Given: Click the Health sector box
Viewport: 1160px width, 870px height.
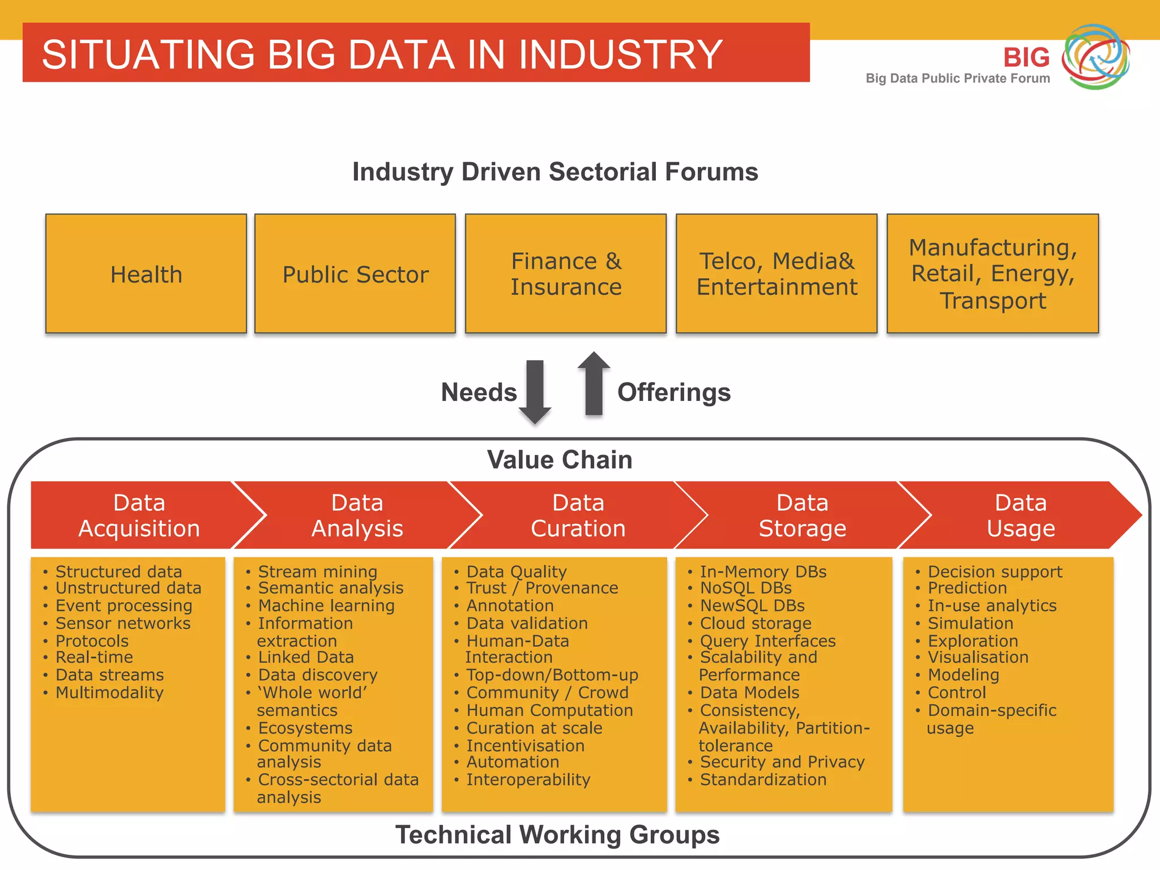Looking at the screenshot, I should (x=146, y=274).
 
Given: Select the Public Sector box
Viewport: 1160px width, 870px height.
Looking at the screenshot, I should (x=355, y=274).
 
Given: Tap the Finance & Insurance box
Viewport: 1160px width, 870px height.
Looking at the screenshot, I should (x=566, y=274).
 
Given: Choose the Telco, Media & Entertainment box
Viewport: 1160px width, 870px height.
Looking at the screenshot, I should (x=777, y=274).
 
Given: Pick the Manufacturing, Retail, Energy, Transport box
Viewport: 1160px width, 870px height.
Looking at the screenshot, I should (x=992, y=274).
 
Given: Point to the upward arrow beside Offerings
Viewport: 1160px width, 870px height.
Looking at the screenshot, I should (x=594, y=384).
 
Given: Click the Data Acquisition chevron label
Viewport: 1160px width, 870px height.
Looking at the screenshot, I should (x=139, y=515).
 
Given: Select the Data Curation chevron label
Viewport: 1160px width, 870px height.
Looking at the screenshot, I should (x=578, y=515).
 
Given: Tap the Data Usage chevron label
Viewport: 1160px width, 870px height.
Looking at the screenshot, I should (x=1021, y=515).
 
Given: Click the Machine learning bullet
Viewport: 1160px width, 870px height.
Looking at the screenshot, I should (x=326, y=605).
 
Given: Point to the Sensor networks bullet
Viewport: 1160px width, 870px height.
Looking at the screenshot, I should (x=123, y=623).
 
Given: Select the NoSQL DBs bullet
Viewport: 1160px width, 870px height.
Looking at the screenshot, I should (x=745, y=588).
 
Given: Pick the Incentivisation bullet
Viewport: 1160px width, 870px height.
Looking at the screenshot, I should (x=525, y=745).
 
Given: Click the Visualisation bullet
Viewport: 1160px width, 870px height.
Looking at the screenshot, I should (x=978, y=657).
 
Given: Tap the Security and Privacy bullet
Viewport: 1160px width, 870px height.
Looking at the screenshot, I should (x=782, y=762).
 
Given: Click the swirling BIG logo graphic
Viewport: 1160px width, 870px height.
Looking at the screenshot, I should (x=1095, y=57).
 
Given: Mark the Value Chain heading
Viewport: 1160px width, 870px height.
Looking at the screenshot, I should (x=560, y=459).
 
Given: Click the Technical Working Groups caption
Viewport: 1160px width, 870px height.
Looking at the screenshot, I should (x=557, y=834).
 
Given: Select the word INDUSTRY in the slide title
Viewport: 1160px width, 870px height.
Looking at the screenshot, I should (x=620, y=54).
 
